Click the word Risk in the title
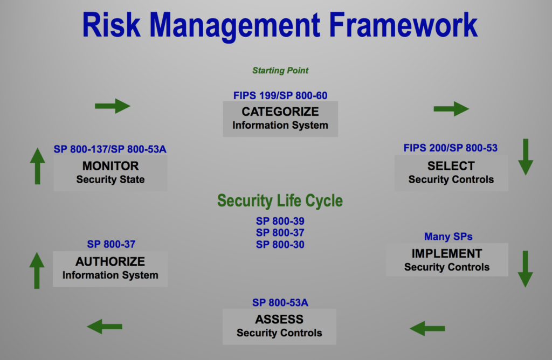[x=111, y=25]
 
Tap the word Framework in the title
[x=403, y=25]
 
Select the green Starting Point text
[x=280, y=71]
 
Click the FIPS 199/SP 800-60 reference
[x=280, y=95]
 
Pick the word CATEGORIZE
[x=280, y=112]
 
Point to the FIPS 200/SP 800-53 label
[x=450, y=148]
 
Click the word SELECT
[x=451, y=166]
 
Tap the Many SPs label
[x=448, y=237]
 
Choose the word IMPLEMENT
[x=447, y=253]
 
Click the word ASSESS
[x=279, y=319]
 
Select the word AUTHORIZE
[x=110, y=261]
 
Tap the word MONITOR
[x=111, y=166]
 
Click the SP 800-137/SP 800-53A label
[x=110, y=149]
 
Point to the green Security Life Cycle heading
[x=280, y=200]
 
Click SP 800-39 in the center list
[x=280, y=221]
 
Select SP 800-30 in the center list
[x=280, y=245]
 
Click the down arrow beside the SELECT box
[x=526, y=157]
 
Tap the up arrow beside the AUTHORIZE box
[x=37, y=270]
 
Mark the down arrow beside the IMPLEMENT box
[x=525, y=269]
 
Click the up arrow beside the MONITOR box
[x=37, y=166]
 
